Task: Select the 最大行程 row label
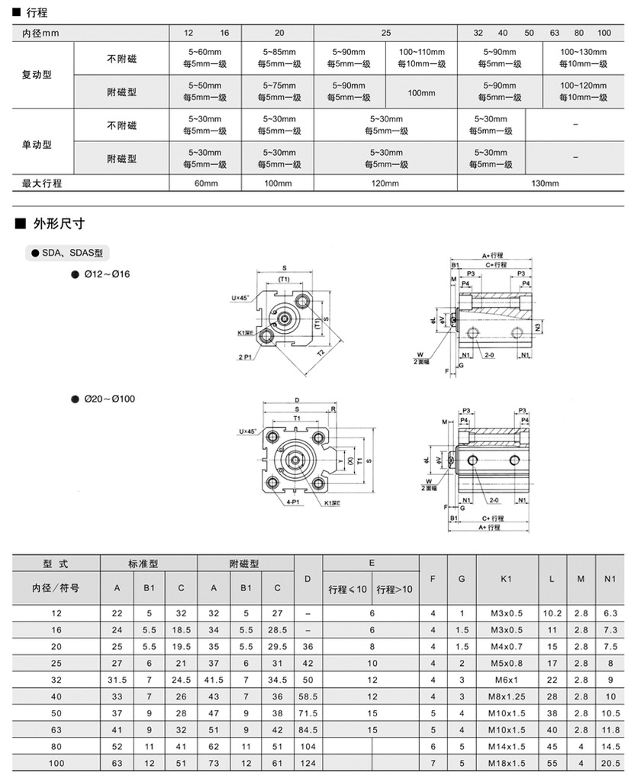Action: click(x=42, y=183)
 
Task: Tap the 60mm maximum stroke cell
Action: click(x=207, y=183)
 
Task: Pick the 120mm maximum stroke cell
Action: click(x=385, y=183)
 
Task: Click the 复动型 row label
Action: click(x=37, y=75)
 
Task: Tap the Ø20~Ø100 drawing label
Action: click(x=110, y=399)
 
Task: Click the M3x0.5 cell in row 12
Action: click(x=507, y=613)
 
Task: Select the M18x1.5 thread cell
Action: click(x=507, y=763)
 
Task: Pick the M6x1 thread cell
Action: click(x=507, y=680)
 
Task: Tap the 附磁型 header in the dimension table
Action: click(x=244, y=564)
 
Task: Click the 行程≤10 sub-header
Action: click(x=347, y=589)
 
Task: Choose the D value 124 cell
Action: click(x=308, y=763)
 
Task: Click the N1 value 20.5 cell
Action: click(x=609, y=763)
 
